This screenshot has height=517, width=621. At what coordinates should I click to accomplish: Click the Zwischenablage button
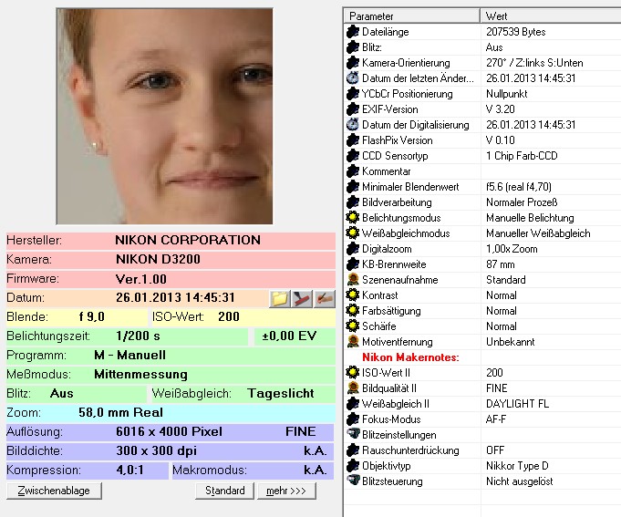[x=54, y=491]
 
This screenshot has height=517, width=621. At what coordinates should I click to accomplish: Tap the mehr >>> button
[x=286, y=491]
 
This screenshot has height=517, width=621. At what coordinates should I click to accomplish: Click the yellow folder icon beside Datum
[x=280, y=298]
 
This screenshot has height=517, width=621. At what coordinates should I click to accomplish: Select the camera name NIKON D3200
[x=158, y=259]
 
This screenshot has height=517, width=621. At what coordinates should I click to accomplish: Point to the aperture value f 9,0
[x=91, y=316]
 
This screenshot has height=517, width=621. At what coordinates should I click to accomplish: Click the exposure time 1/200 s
[x=138, y=336]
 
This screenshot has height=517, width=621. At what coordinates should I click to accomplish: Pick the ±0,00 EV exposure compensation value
[x=289, y=336]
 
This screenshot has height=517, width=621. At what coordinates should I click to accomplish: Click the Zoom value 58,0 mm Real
[x=120, y=412]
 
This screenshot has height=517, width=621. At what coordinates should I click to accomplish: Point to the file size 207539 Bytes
[x=515, y=32]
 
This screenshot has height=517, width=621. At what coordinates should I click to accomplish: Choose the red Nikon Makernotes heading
[x=410, y=357]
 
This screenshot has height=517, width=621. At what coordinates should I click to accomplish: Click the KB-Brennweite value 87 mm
[x=501, y=264]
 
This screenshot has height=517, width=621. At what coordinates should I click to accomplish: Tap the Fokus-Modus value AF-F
[x=496, y=419]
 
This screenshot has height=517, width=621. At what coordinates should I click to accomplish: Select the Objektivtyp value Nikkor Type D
[x=517, y=466]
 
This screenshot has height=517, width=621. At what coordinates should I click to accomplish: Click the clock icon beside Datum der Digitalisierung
[x=352, y=125]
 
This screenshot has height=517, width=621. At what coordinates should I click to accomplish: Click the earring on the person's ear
[x=94, y=146]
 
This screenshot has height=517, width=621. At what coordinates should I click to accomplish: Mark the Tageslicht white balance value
[x=280, y=394]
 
